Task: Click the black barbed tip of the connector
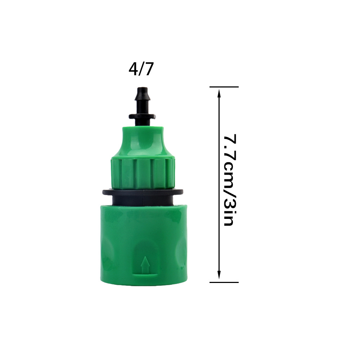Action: [x=143, y=97]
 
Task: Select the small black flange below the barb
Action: [x=143, y=117]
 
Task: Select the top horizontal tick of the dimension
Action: [x=224, y=87]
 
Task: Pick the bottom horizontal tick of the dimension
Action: [x=224, y=282]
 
